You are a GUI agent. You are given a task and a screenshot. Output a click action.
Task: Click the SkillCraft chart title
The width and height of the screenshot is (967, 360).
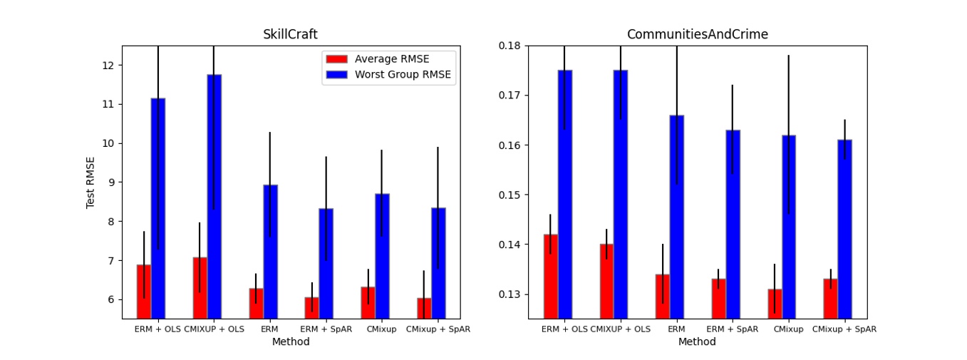(291, 34)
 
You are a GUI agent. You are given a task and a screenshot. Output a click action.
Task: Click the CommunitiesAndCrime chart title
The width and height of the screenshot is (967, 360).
(697, 34)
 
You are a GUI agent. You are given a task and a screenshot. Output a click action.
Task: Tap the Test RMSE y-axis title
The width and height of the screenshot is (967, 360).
(91, 182)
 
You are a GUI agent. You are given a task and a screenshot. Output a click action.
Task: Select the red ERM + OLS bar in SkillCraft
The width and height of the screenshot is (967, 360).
(144, 292)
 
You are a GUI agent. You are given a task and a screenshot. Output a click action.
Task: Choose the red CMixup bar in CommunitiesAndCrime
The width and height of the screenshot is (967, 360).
(775, 303)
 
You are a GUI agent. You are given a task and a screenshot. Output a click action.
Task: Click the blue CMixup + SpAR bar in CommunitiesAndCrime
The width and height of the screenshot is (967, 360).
(844, 228)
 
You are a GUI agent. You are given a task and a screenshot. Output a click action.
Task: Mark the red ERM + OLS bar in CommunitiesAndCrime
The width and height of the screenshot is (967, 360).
(551, 276)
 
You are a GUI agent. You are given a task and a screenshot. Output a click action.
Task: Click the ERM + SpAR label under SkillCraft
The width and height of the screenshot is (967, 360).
(326, 329)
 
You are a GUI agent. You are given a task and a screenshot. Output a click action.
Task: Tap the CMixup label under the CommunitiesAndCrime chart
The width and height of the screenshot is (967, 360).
(788, 329)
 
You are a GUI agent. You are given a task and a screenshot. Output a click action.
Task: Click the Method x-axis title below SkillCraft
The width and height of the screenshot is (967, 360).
(291, 342)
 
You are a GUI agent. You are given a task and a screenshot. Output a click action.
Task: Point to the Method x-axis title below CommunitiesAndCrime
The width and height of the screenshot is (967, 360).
(697, 342)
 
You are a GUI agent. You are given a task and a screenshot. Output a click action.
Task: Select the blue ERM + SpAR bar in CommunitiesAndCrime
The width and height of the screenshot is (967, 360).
(733, 224)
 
